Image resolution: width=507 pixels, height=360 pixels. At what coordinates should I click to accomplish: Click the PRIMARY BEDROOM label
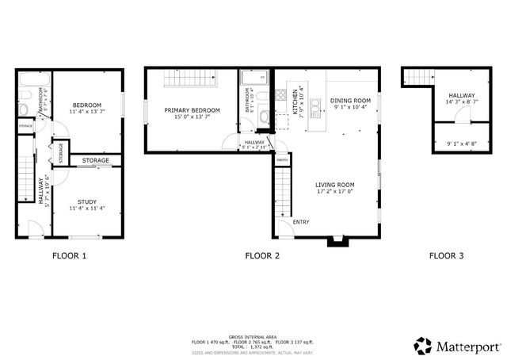pyautogui.click(x=191, y=109)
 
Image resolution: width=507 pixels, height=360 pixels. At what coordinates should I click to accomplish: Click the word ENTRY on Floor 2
pyautogui.click(x=301, y=221)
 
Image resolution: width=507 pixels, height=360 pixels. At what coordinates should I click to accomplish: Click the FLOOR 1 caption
pyautogui.click(x=69, y=256)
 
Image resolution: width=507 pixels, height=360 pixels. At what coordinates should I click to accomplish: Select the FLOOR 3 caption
pyautogui.click(x=447, y=256)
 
